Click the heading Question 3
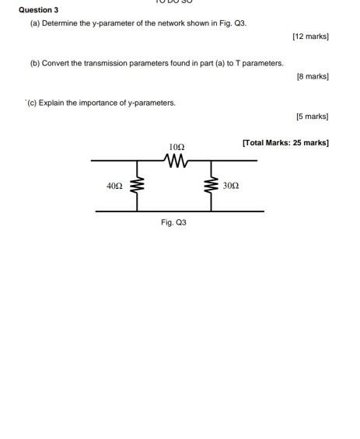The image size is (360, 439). [x=38, y=10]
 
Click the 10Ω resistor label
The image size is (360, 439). [x=177, y=147]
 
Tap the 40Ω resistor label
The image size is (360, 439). [x=114, y=186]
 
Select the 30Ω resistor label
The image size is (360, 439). [x=230, y=186]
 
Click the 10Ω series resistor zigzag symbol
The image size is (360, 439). [x=177, y=161]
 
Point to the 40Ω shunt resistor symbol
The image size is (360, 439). [x=138, y=186]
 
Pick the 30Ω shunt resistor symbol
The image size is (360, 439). [x=209, y=186]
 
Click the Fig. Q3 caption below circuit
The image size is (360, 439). [x=173, y=222]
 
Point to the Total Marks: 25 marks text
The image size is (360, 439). [x=285, y=143]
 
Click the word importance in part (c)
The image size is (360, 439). [x=103, y=103]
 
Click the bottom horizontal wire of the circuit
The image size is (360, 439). [x=179, y=211]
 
